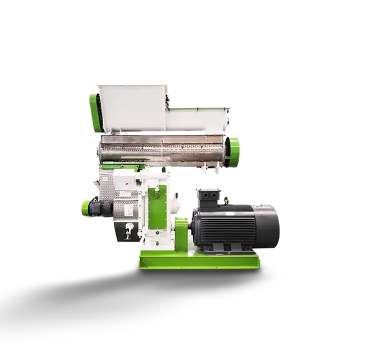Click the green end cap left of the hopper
pyautogui.click(x=94, y=106)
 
